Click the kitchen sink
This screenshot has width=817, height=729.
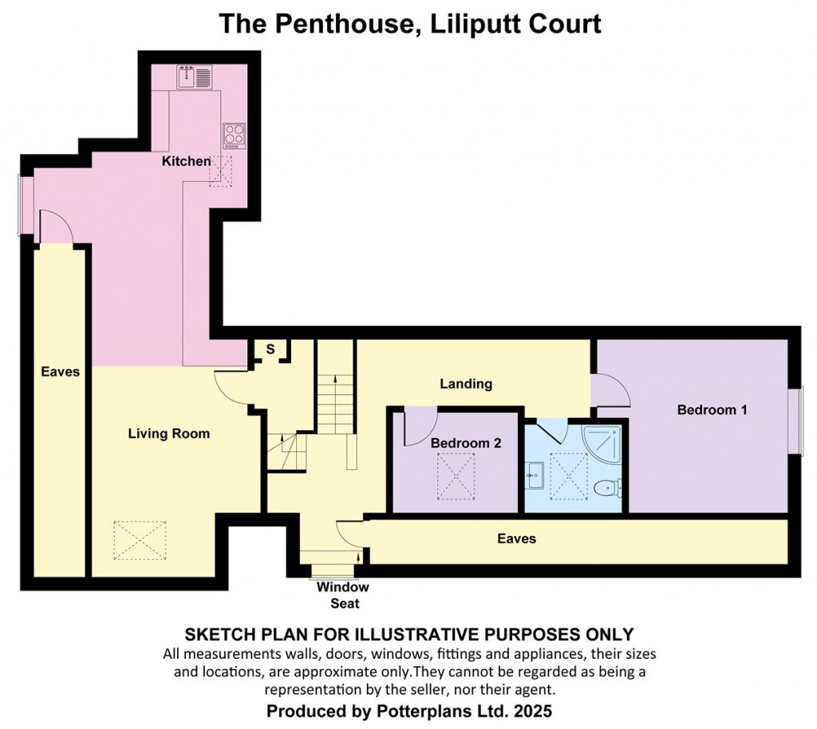pos(195,77)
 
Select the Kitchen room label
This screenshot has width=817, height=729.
pos(187,161)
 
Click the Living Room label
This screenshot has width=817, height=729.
pos(169,433)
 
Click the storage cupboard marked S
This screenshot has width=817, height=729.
pos(270,349)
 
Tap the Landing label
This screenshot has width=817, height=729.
pos(466,384)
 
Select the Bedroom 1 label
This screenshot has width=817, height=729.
pos(712,410)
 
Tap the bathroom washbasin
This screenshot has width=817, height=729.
pos(535,476)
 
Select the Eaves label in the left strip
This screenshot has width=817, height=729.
pos(61,371)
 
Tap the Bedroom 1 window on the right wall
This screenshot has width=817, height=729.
pos(795,420)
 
